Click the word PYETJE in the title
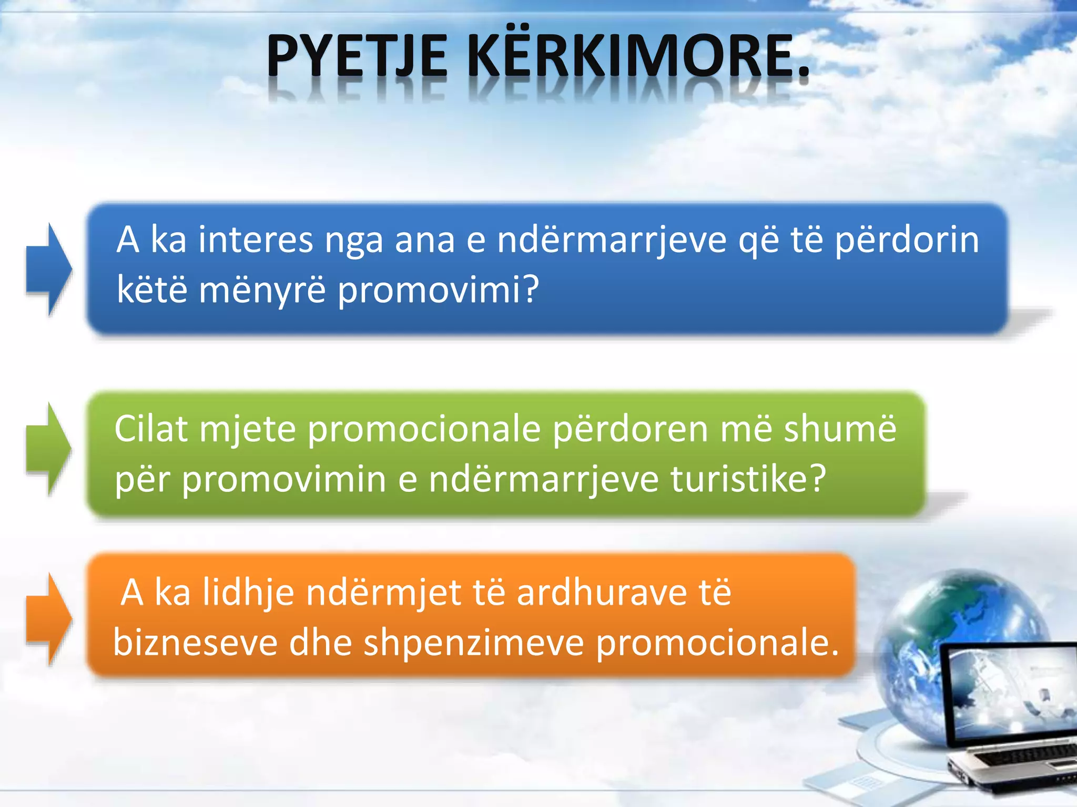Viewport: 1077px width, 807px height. click(x=357, y=57)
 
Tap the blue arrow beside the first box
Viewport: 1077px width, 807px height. click(x=49, y=269)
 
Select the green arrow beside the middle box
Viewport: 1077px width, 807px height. click(x=49, y=449)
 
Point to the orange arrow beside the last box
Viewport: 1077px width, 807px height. click(x=49, y=619)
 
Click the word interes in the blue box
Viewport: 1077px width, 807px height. click(x=256, y=240)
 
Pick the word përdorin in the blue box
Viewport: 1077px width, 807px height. click(x=907, y=241)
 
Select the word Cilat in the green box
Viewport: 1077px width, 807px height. click(x=151, y=429)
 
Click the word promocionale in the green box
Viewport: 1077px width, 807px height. click(x=424, y=430)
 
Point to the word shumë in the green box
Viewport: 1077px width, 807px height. click(x=839, y=429)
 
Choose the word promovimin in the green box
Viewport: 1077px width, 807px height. click(x=284, y=480)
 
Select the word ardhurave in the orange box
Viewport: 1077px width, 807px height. click(x=602, y=593)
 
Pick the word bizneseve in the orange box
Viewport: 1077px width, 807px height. click(x=195, y=643)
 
